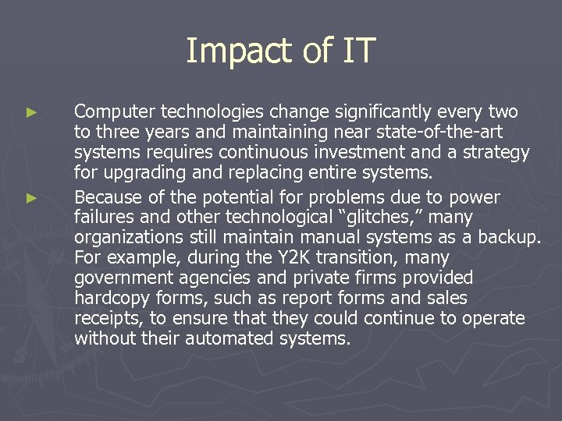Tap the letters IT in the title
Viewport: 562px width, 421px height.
tap(357, 51)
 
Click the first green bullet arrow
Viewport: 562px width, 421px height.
tap(31, 113)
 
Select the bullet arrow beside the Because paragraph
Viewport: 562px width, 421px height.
tap(31, 199)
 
